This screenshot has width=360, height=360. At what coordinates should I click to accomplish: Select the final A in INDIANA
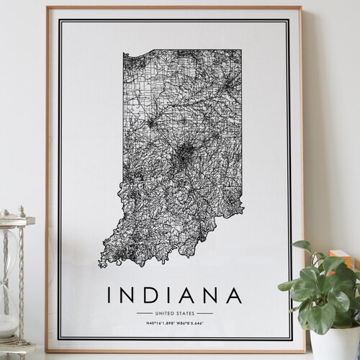(235, 295)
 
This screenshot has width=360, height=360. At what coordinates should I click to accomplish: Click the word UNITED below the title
(163, 313)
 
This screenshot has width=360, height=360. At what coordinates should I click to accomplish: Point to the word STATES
(184, 313)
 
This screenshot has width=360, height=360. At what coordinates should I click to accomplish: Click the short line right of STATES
(205, 313)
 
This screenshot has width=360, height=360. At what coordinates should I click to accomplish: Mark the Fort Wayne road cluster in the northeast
(229, 86)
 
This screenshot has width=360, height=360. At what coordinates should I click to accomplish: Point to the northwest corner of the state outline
(124, 55)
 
